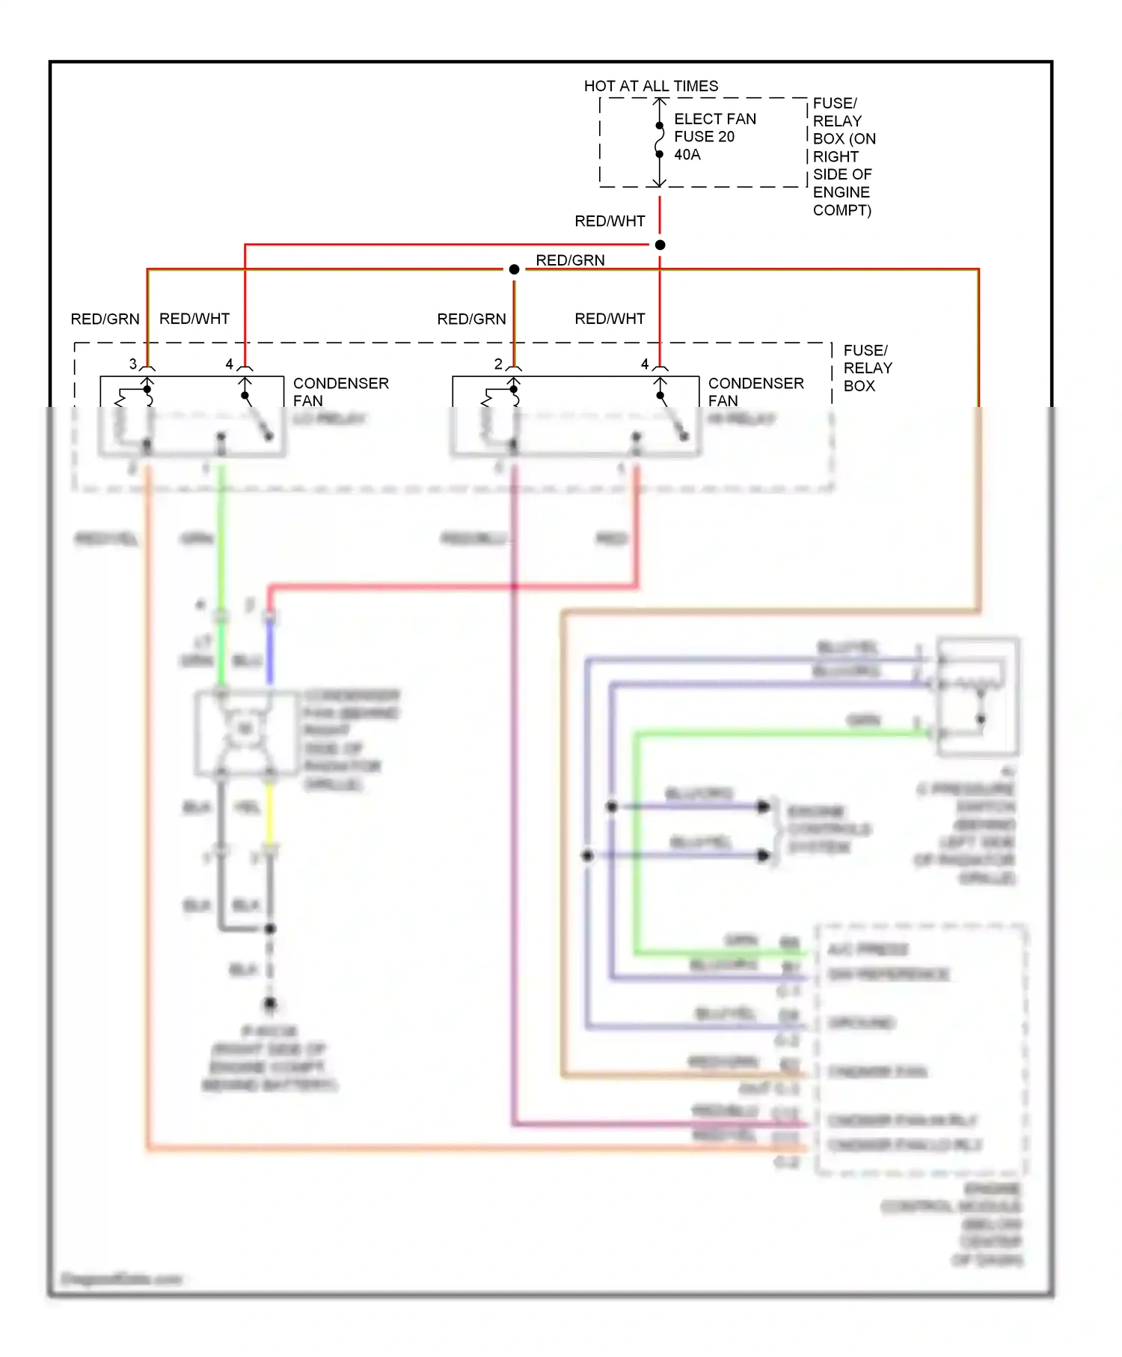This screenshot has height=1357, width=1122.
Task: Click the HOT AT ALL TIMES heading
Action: click(651, 86)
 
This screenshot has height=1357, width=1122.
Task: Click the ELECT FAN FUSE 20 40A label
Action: click(714, 137)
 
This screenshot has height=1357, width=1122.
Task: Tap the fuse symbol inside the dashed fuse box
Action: click(659, 141)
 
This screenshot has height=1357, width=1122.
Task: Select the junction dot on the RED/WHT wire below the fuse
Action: click(660, 245)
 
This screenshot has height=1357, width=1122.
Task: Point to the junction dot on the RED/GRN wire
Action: click(514, 269)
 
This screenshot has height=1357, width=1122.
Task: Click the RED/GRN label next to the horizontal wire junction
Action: click(570, 260)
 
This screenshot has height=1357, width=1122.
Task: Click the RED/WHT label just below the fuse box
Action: click(610, 221)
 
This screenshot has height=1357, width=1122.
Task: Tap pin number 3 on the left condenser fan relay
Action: click(133, 364)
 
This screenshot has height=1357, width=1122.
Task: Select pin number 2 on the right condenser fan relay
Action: click(498, 364)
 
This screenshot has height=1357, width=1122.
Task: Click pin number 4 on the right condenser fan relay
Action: click(645, 364)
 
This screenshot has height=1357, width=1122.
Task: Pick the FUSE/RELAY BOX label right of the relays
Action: click(867, 368)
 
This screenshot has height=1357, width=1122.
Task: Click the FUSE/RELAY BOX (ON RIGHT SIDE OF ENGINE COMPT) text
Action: click(844, 156)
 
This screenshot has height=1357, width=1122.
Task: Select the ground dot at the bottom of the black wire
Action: click(270, 1003)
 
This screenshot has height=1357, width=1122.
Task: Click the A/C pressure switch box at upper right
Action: click(978, 696)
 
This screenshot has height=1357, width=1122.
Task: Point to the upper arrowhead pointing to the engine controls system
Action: click(763, 806)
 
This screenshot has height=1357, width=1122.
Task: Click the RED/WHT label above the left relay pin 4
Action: click(194, 319)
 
